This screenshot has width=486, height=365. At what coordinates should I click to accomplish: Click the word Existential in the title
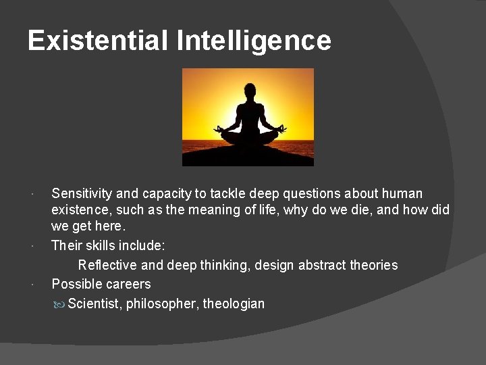coord(98,41)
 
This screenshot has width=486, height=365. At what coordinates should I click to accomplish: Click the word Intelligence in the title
coord(254,41)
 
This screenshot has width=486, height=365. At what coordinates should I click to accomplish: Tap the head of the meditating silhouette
coord(249,91)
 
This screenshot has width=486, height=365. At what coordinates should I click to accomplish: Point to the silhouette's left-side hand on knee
coord(219,128)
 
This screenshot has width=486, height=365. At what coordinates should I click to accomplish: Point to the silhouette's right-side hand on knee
coord(281,128)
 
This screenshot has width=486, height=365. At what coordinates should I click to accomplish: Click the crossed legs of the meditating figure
coord(249,137)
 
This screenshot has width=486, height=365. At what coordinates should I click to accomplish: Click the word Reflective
coord(108,265)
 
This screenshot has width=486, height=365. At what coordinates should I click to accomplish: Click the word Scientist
coord(94,303)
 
